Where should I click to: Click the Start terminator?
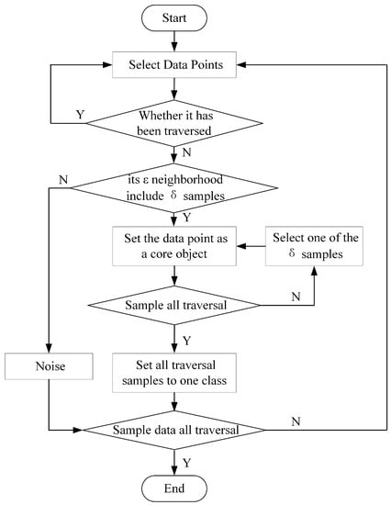(173, 18)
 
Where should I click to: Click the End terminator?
(173, 488)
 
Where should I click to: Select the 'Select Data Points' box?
(173, 65)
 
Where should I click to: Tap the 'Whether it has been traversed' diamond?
(174, 123)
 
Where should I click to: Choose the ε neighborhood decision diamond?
(174, 187)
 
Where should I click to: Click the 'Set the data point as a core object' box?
(173, 246)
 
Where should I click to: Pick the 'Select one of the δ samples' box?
(314, 246)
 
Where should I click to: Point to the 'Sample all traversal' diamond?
(174, 306)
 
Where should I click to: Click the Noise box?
(49, 366)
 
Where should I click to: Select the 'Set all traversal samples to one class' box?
(173, 373)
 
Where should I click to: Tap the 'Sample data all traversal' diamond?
(174, 430)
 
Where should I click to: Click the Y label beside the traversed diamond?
(80, 115)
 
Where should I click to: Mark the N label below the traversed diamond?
(187, 152)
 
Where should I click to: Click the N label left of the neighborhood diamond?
(63, 180)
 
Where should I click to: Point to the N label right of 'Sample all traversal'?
(296, 297)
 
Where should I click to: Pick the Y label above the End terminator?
(187, 463)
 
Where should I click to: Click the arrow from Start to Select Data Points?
(174, 41)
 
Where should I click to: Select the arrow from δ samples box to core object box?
(251, 246)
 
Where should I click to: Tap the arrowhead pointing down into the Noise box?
(49, 349)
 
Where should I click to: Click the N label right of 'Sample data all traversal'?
(296, 421)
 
